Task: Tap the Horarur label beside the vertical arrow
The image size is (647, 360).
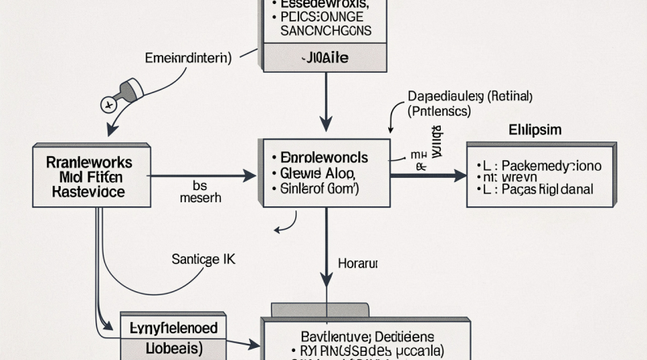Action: pos(357,264)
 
